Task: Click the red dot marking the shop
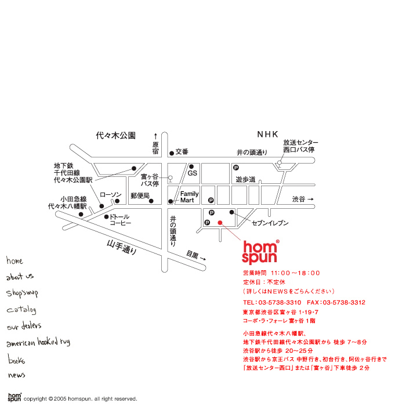[219, 222]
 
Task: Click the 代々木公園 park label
[115, 135]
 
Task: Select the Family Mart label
[189, 197]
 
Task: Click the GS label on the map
[193, 173]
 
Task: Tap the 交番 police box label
[182, 152]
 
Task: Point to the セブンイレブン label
[270, 223]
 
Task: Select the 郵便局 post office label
[140, 195]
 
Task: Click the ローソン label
[111, 194]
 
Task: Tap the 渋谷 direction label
[302, 200]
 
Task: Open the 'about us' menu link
[20, 277]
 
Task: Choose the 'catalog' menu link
[21, 310]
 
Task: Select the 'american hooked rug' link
[38, 343]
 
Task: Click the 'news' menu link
[17, 375]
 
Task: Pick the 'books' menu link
[17, 360]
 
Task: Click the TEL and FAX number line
[304, 303]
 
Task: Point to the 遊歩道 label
[245, 180]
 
